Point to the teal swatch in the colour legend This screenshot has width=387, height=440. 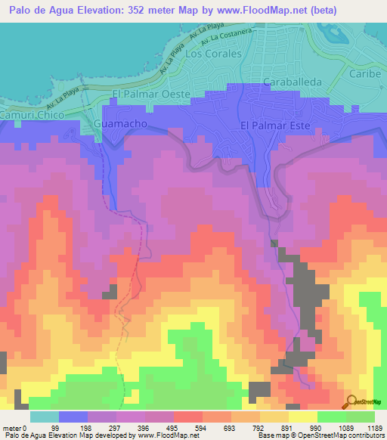(45, 417)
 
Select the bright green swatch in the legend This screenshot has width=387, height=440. (332, 417)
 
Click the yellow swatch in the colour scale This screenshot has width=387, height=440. (303, 417)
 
